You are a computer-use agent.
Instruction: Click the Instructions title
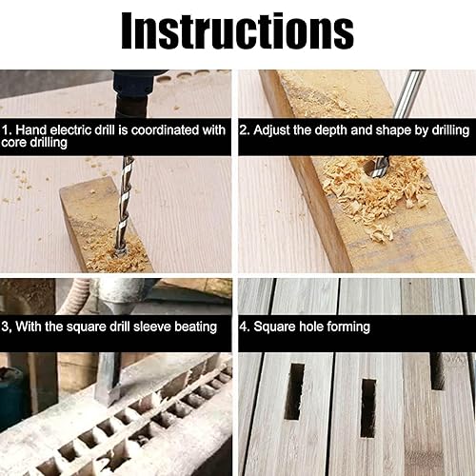(237, 30)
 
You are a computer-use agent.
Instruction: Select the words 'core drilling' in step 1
(34, 143)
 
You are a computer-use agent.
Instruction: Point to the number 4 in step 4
(244, 327)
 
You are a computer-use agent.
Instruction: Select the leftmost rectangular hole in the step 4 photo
(294, 391)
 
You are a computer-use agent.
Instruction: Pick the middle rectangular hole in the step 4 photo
(368, 407)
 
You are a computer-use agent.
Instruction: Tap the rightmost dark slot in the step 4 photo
(438, 371)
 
